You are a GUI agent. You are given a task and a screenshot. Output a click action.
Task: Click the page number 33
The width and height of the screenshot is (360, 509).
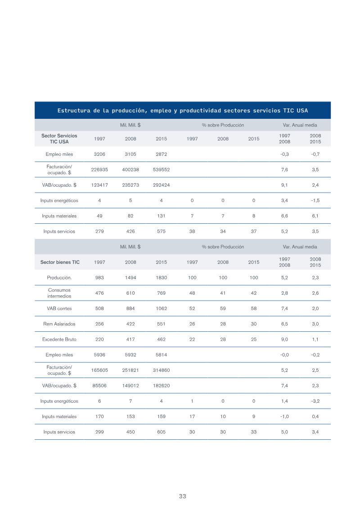click(182, 496)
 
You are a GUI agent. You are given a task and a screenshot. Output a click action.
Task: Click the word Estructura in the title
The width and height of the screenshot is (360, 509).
click(74, 111)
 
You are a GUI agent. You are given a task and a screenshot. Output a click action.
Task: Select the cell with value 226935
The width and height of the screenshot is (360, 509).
click(99, 170)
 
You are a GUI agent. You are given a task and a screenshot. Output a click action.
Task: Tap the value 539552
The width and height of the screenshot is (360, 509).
click(162, 170)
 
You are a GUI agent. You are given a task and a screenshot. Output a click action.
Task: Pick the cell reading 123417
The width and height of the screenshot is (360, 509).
click(99, 185)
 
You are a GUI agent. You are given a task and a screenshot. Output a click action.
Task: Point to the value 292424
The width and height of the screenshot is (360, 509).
click(162, 185)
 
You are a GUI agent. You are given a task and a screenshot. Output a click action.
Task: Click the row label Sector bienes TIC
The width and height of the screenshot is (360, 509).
click(60, 262)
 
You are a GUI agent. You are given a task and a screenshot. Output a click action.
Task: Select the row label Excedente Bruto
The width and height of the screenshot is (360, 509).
click(59, 339)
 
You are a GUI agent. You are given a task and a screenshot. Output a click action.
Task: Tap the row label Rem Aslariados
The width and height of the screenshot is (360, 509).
click(59, 324)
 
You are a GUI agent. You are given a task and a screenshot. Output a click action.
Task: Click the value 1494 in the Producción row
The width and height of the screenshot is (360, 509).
click(130, 278)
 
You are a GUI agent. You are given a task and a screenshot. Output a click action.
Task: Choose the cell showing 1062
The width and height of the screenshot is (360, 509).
click(162, 308)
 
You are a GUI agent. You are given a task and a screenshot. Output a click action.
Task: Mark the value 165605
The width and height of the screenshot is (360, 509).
click(99, 370)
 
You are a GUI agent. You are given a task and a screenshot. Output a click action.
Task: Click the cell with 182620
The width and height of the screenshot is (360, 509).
click(162, 386)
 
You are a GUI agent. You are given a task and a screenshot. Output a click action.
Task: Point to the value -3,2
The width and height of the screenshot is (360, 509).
click(315, 401)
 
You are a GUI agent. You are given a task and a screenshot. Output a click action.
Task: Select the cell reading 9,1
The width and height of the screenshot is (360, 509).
click(284, 185)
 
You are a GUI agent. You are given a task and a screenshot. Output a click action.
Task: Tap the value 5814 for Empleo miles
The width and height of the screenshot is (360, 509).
click(162, 355)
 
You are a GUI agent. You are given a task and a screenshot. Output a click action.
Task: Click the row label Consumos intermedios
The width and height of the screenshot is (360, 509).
click(59, 293)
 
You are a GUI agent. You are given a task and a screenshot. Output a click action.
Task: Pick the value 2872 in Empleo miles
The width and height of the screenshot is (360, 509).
click(162, 154)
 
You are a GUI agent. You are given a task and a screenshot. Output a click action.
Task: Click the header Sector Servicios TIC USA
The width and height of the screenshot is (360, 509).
click(59, 139)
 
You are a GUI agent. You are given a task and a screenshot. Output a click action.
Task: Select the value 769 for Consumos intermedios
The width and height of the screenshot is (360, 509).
click(162, 293)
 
